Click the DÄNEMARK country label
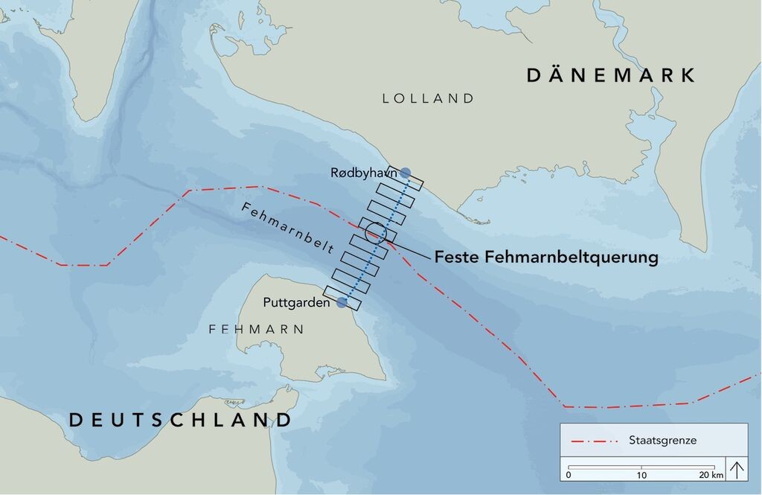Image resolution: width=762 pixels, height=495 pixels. [611, 75]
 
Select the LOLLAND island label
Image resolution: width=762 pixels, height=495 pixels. [428, 98]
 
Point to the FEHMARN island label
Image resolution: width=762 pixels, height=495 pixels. [256, 329]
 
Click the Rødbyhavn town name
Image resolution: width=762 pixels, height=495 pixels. [363, 173]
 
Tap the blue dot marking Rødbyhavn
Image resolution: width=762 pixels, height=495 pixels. [405, 173]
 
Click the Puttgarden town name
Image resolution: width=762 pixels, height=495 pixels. [297, 303]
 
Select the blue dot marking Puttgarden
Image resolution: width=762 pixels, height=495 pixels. [342, 302]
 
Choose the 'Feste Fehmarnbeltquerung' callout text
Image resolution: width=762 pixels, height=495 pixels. [546, 258]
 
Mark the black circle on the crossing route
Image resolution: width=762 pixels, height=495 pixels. [376, 233]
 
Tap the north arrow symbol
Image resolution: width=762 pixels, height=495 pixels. [736, 470]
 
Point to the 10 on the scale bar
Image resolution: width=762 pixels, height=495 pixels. [642, 475]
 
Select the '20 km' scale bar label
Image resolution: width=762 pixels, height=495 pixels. [711, 475]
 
